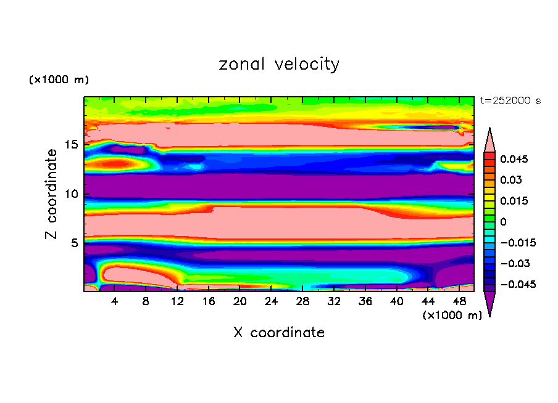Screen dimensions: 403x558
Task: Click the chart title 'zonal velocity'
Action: click(279, 64)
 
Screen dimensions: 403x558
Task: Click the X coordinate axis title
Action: click(279, 333)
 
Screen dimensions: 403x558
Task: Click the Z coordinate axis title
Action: click(51, 194)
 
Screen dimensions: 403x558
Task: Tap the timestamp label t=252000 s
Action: click(510, 101)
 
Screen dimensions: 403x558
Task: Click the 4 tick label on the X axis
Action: click(115, 301)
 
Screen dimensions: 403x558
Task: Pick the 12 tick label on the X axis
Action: click(178, 301)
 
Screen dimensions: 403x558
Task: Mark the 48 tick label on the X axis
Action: click(459, 301)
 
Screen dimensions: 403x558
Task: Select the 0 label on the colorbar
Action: click(502, 222)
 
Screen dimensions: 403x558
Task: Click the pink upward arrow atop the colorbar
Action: click(490, 140)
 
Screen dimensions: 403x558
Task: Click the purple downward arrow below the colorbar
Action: click(490, 303)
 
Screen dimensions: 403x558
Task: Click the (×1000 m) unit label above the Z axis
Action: click(59, 80)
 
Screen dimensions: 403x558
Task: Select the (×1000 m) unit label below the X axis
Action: click(452, 315)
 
